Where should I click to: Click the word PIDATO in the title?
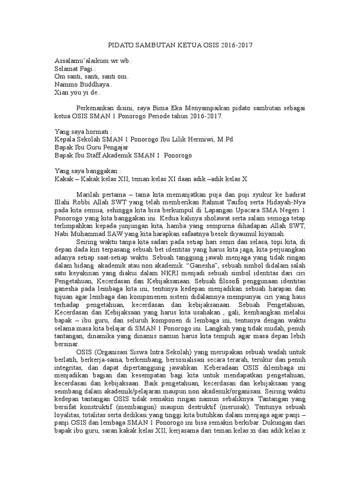click(x=119, y=46)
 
